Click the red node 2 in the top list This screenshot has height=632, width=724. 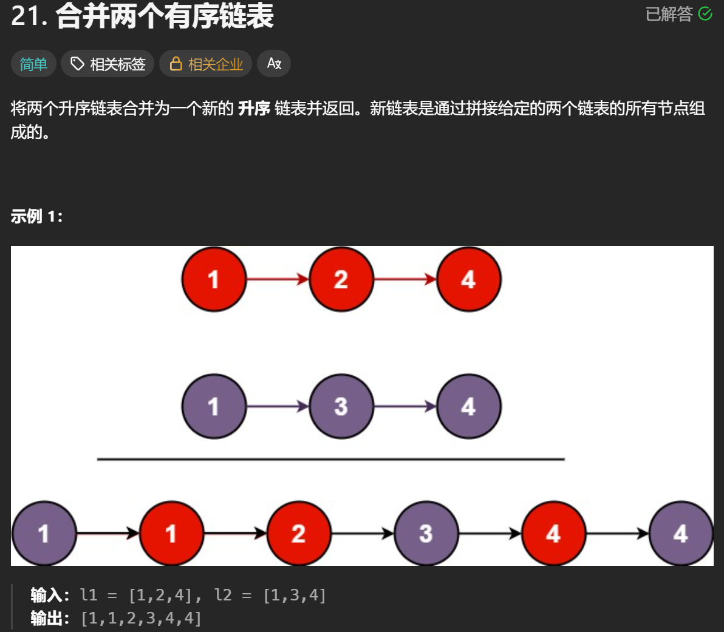[x=341, y=279]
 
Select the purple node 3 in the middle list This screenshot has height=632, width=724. [x=341, y=406]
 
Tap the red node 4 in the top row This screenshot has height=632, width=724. [x=468, y=279]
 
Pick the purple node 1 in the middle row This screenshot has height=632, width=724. [x=214, y=406]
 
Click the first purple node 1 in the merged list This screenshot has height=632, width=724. [x=44, y=534]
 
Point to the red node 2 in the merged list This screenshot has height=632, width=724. [x=298, y=534]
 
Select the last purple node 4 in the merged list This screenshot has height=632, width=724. [x=681, y=534]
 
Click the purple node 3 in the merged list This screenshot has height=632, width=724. [x=426, y=534]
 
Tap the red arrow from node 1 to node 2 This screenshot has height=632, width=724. [x=278, y=279]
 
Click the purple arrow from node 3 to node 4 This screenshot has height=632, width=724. [x=405, y=406]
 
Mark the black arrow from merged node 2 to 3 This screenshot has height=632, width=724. [x=363, y=534]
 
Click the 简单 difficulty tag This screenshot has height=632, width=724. [x=33, y=64]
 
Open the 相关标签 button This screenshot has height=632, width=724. [x=108, y=64]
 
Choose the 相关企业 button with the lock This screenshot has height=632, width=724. [x=206, y=64]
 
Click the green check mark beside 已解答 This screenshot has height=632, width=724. [x=705, y=14]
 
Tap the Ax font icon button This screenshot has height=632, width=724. [x=274, y=64]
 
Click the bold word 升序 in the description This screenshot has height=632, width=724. [x=254, y=109]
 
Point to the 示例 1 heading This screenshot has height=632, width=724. [x=36, y=216]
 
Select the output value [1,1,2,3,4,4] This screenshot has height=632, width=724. [x=141, y=618]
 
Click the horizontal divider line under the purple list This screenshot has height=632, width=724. [x=331, y=460]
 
